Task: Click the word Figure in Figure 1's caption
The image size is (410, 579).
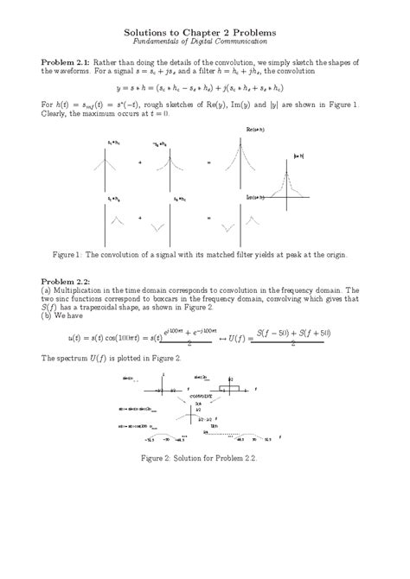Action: click(x=67, y=256)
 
